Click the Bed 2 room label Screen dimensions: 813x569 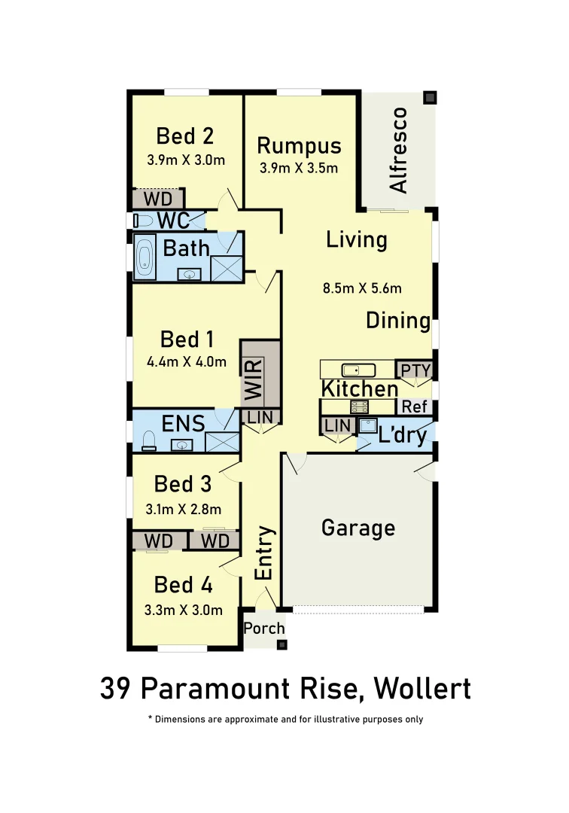[x=185, y=136]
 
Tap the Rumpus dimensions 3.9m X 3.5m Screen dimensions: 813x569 [x=299, y=168]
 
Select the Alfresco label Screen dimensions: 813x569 [x=398, y=150]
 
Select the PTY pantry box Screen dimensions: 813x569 [x=415, y=370]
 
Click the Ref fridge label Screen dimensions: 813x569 [x=414, y=406]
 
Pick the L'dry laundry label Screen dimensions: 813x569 [x=403, y=434]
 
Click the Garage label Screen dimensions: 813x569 [x=358, y=528]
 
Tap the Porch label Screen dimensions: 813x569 [x=264, y=628]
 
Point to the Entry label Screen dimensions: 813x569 [x=264, y=553]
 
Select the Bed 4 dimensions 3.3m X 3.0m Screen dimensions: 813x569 [x=184, y=610]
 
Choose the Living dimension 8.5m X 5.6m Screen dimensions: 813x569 [x=362, y=288]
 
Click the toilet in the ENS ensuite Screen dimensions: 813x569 [x=148, y=440]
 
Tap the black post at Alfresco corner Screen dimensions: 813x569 [x=429, y=98]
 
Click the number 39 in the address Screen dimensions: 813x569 [x=117, y=688]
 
